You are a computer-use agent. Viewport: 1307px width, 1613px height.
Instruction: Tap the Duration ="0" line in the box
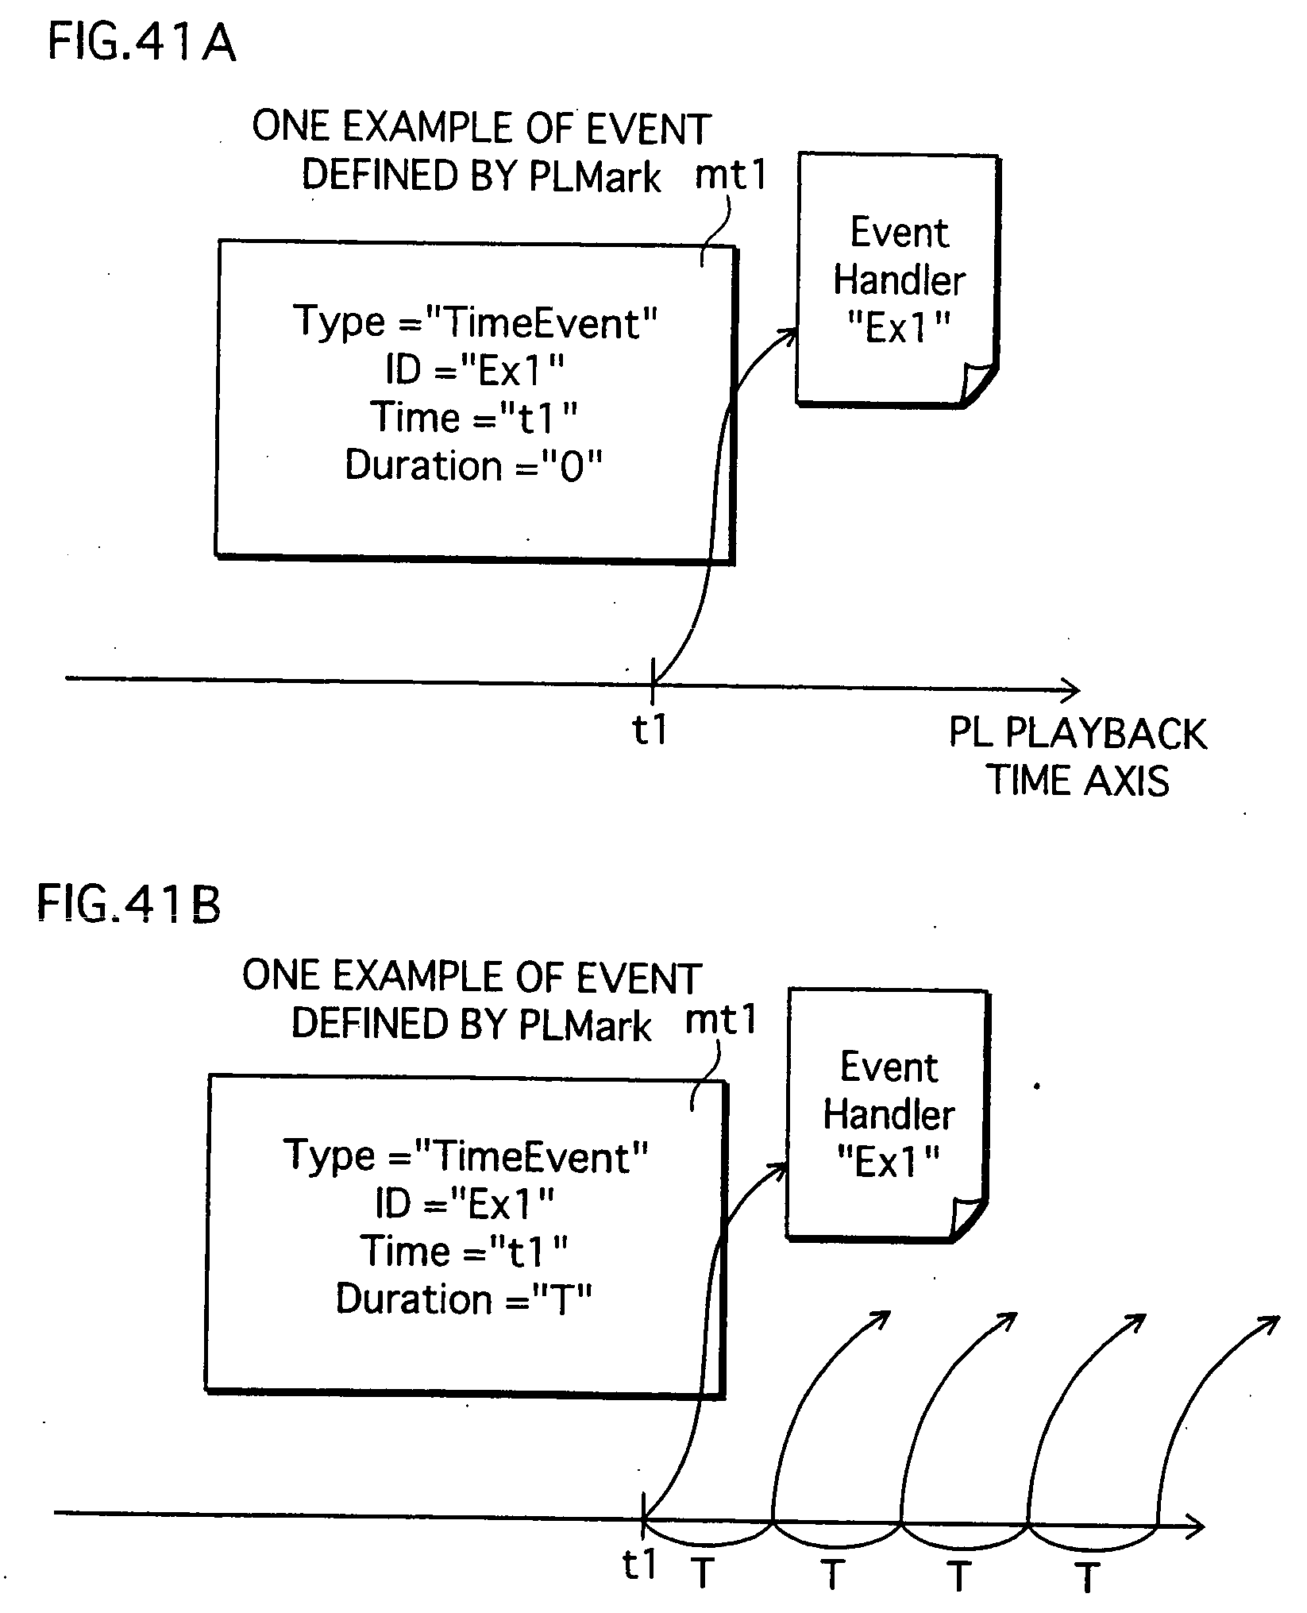click(474, 465)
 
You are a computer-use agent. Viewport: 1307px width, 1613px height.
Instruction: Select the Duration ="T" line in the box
click(465, 1300)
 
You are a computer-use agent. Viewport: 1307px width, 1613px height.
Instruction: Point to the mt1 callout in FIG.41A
click(731, 175)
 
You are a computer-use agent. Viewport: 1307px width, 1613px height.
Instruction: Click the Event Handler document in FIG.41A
click(898, 280)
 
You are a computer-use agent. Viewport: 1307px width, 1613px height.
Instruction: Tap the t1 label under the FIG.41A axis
click(650, 729)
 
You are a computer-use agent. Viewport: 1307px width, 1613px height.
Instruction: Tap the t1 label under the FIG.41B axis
click(639, 1565)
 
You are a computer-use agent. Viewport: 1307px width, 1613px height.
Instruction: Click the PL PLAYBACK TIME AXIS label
click(1078, 756)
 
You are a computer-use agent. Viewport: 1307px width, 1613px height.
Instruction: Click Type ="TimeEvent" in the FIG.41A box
click(476, 322)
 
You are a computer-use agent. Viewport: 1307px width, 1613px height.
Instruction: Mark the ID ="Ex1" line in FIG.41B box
click(465, 1205)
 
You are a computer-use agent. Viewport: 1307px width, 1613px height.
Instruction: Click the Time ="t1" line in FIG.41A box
click(474, 418)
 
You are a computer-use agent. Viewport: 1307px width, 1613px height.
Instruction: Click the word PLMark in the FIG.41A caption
click(595, 176)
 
